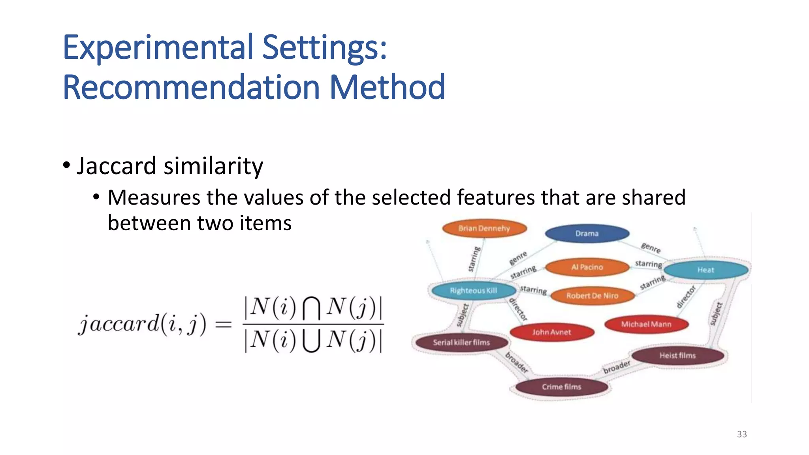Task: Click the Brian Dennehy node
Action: click(484, 228)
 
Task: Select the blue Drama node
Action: click(587, 233)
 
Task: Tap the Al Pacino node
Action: click(587, 267)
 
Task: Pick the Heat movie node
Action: click(706, 270)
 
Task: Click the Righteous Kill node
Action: click(473, 291)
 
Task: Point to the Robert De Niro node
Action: click(592, 295)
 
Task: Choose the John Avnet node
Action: click(551, 332)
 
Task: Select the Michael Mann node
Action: click(646, 324)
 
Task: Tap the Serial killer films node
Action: click(461, 342)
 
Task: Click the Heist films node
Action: click(677, 355)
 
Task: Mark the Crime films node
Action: click(561, 387)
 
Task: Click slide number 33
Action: click(742, 434)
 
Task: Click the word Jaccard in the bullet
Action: click(117, 166)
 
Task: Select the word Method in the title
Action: click(387, 87)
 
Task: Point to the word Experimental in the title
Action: click(158, 47)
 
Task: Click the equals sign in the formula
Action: click(223, 325)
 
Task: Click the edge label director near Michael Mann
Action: click(686, 297)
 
